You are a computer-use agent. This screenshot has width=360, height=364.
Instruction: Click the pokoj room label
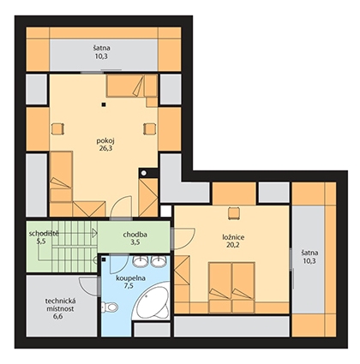(103, 141)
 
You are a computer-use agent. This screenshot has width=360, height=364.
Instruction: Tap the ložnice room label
(233, 237)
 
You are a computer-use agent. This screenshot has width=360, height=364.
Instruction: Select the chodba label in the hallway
(135, 235)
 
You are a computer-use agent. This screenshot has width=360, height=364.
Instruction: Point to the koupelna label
(130, 278)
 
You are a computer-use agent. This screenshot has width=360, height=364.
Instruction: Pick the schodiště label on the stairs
(44, 234)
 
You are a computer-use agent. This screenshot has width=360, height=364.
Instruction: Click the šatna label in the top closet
(101, 48)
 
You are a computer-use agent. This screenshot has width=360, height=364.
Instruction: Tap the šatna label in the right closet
(309, 253)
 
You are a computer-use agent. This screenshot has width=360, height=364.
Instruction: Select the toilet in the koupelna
(109, 307)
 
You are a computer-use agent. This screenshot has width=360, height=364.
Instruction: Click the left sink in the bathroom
(141, 260)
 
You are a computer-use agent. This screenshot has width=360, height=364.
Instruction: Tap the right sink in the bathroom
(159, 260)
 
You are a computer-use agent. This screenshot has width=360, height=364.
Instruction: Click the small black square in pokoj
(105, 104)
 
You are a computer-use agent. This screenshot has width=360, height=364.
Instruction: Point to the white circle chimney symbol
(144, 173)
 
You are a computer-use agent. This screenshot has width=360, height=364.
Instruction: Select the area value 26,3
(103, 148)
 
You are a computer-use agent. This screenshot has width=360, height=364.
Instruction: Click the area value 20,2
(233, 245)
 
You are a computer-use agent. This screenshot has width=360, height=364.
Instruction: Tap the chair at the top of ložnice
(233, 213)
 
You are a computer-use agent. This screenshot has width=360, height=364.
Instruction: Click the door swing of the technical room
(87, 285)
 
